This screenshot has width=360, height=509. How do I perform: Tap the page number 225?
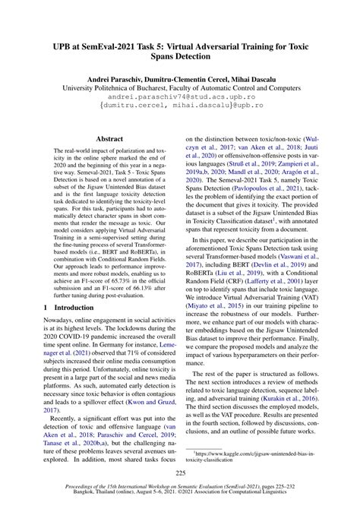click(x=179, y=473)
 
